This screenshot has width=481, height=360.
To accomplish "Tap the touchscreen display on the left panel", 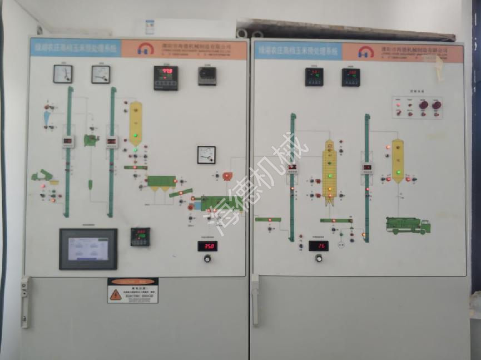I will (88, 249).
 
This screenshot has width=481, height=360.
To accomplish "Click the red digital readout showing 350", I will (207, 246).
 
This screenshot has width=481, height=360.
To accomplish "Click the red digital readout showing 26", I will (319, 245).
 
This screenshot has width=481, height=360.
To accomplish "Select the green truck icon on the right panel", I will (408, 225).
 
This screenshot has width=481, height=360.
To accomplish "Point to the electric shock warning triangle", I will (116, 294).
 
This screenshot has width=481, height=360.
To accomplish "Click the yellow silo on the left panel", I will (136, 124).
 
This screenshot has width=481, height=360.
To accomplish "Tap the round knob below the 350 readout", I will (207, 258).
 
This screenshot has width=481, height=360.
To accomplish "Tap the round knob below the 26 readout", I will (319, 258).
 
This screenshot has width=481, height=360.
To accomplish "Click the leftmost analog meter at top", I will (63, 74).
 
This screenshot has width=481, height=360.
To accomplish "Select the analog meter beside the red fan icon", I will (206, 155).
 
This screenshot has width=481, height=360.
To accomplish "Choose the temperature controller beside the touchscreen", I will (140, 237).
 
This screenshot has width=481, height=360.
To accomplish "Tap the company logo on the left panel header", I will (146, 49).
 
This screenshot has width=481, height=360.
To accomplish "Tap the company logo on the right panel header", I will (365, 52).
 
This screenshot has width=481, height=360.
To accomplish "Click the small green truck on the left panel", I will (42, 176).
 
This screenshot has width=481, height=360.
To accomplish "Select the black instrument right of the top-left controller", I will (207, 76).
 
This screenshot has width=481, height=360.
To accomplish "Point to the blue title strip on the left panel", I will (75, 48).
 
